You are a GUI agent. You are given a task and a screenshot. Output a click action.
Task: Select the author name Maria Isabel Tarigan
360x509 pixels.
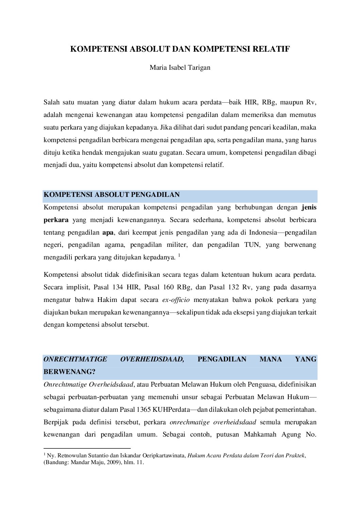click(180, 67)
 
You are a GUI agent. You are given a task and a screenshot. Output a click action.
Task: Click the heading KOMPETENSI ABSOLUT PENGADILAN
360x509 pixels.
click(112, 195)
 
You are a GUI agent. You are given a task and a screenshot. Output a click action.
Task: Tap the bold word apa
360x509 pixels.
click(108, 233)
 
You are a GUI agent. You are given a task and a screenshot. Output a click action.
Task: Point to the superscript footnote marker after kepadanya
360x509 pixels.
click(179, 255)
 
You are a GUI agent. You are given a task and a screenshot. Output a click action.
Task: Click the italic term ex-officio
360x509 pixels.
click(176, 300)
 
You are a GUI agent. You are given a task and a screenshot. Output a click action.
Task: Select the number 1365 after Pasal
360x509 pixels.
click(143, 410)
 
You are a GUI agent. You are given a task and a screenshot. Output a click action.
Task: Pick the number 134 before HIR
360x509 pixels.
click(117, 287)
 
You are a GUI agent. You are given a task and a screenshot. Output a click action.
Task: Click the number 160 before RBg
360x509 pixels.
click(168, 287)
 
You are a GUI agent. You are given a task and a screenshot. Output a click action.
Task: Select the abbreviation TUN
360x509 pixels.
click(252, 245)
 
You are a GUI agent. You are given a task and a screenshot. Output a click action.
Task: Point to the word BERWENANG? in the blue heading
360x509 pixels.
click(69, 372)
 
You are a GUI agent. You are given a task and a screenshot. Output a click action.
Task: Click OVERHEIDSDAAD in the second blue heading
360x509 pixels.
click(152, 359)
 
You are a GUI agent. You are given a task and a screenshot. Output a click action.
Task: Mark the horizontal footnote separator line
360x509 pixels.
click(87, 448)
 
